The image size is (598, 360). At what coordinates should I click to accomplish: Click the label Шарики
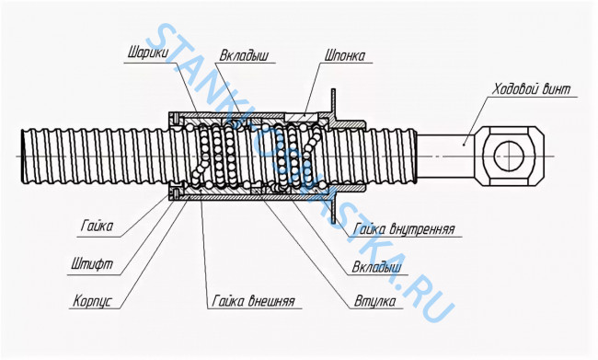[x=147, y=52]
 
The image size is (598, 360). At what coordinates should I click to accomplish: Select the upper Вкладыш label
[x=244, y=56]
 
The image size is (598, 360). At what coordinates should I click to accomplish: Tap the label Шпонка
[x=345, y=56]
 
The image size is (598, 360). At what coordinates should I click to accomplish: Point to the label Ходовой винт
[x=531, y=89]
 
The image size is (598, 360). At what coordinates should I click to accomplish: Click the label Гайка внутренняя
[x=404, y=229]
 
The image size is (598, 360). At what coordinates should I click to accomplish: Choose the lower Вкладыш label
[x=376, y=266]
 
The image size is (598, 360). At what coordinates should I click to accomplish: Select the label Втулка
[x=374, y=301]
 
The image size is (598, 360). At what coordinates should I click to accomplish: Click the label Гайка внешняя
[x=254, y=301]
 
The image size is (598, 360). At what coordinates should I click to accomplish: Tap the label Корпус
[x=93, y=301]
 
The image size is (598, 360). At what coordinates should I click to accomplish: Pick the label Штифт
[x=92, y=264]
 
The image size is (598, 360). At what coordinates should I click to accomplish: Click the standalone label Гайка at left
[x=97, y=226]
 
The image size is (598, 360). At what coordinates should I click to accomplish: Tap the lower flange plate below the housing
[x=333, y=209]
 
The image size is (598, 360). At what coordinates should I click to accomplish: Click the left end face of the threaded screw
[x=24, y=157]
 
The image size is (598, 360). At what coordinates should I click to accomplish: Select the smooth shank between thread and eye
[x=445, y=156]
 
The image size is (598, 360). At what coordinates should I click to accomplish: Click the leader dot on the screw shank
[x=464, y=145]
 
